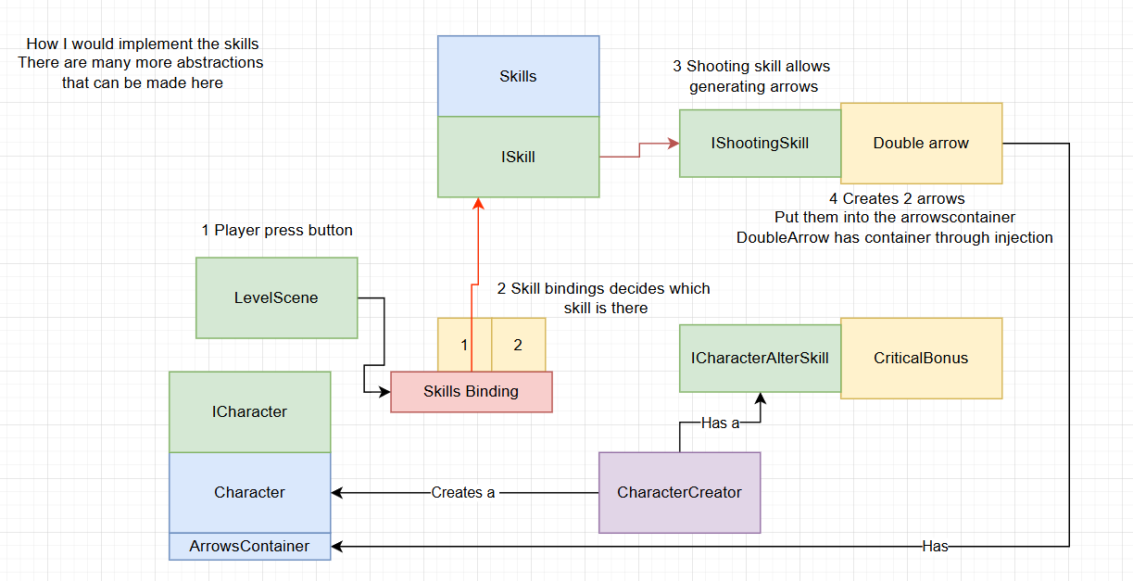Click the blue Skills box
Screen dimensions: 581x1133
click(x=518, y=76)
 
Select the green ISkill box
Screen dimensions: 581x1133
click(x=518, y=157)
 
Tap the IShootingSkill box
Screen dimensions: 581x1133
click(x=760, y=143)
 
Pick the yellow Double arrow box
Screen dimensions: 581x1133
click(x=921, y=143)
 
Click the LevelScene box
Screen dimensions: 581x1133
click(x=276, y=297)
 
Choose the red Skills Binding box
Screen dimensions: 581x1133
click(x=471, y=391)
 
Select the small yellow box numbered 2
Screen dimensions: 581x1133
click(x=518, y=345)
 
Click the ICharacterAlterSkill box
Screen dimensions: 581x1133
click(x=760, y=358)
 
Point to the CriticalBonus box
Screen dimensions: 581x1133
click(x=921, y=358)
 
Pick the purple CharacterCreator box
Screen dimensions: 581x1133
click(x=679, y=492)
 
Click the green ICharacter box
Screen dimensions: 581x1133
click(x=249, y=411)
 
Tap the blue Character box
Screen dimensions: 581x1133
click(x=249, y=492)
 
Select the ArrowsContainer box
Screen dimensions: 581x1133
click(x=249, y=546)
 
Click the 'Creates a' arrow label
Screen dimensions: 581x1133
click(x=463, y=492)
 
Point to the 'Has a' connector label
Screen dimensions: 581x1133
click(x=720, y=423)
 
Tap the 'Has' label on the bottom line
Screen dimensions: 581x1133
click(x=935, y=546)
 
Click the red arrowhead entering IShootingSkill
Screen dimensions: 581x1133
click(x=674, y=144)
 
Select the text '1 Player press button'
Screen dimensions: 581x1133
click(x=277, y=230)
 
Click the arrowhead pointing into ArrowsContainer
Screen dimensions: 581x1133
click(x=337, y=546)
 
